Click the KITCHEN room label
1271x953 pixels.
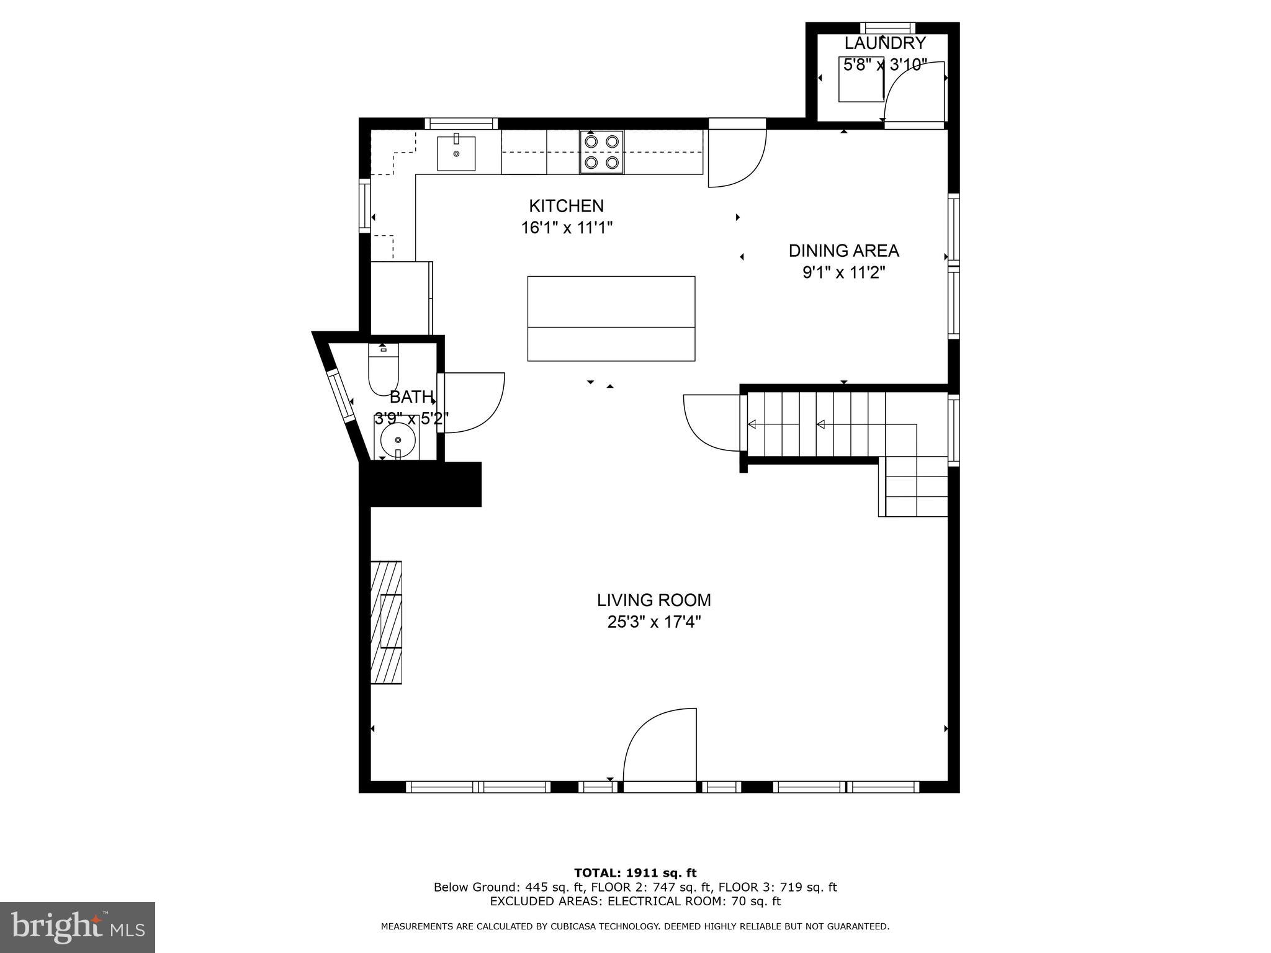566,205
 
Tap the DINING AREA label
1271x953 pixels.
843,251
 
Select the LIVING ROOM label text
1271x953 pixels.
653,600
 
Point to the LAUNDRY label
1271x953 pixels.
885,43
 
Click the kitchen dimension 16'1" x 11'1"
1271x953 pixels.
566,228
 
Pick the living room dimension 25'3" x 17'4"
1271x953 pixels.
653,622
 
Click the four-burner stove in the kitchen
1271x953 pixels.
602,152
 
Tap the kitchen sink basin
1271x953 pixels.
456,153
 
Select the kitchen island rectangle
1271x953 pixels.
611,318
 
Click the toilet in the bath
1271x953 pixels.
384,371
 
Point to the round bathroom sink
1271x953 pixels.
397,440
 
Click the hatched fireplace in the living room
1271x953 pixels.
386,622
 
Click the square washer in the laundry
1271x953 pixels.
861,79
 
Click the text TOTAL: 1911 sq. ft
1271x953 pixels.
635,873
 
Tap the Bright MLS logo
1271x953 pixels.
78,927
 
